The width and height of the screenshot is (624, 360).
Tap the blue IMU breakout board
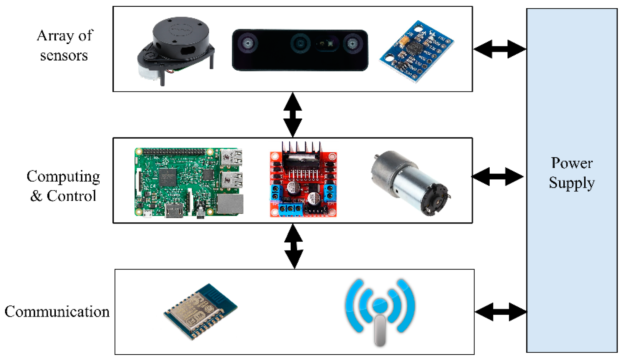coord(417,51)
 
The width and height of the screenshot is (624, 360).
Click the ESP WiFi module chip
coord(201,312)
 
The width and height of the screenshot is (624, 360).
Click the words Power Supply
coord(572,173)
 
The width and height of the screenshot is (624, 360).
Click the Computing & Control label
coord(63,186)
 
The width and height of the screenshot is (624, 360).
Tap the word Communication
coord(57,312)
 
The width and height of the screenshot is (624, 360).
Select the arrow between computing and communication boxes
coord(294,246)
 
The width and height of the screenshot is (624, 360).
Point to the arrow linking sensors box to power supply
coord(500,49)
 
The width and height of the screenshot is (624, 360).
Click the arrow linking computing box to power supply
coord(497,177)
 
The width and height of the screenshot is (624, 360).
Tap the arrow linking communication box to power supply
coord(501,312)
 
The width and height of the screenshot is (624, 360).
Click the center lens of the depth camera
coord(300,44)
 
